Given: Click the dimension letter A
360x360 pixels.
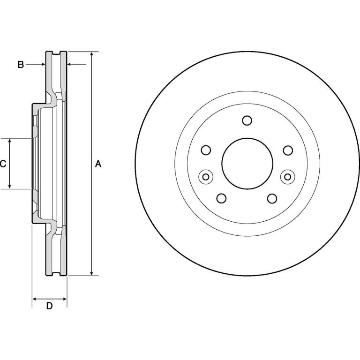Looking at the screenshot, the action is click(98, 164).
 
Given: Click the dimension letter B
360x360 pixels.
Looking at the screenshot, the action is click(21, 65).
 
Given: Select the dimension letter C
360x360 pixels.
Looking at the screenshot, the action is click(3, 164).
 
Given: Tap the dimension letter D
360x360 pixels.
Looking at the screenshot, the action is click(49, 306).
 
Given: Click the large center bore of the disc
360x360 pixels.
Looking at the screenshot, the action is click(247, 164).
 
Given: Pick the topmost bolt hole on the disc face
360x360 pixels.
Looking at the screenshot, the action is click(247, 120).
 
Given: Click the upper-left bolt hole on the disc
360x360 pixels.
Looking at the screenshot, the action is click(206, 150).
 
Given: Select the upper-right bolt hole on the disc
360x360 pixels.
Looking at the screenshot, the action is click(288, 150).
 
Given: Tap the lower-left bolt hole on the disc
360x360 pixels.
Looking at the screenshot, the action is click(222, 198).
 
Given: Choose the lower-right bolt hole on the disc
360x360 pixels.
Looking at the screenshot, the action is click(272, 198).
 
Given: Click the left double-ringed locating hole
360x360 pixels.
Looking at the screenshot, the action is click(206, 177).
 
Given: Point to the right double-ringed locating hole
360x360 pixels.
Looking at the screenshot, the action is click(288, 177).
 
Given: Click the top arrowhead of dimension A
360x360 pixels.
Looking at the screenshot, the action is click(91, 54).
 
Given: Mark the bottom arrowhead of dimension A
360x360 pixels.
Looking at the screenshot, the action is click(91, 273).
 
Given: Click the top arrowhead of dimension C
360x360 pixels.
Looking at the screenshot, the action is click(10, 141).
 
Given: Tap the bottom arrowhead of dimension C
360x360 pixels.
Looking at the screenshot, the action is click(10, 187).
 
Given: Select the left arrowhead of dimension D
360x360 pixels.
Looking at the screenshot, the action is click(34, 299).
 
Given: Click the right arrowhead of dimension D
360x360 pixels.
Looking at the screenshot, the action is click(65, 299).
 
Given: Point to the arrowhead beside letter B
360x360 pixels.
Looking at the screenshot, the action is click(43, 65).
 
